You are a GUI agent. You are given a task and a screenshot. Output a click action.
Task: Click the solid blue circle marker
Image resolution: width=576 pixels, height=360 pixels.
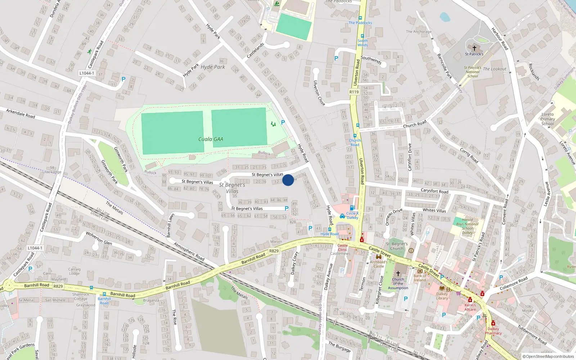pos(288,180)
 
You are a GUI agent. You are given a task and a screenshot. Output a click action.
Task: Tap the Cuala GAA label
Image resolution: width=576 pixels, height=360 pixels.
pos(211,139)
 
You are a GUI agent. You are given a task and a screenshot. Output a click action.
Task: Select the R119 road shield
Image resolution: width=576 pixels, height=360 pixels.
pos(354,92)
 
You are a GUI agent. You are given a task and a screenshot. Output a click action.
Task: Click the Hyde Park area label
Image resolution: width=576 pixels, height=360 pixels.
pos(212,67)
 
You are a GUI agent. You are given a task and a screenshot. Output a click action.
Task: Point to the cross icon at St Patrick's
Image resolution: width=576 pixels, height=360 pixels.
pos(474,48)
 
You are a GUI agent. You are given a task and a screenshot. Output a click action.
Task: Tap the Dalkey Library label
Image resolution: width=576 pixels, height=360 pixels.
pos(442,296)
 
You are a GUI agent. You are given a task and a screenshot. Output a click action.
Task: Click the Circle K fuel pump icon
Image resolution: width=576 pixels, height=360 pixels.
pos(352,208)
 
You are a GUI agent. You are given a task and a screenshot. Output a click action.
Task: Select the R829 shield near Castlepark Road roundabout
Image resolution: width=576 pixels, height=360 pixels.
pos(58,286)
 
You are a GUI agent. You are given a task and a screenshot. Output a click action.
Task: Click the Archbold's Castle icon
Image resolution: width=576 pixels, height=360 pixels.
pos(378,257)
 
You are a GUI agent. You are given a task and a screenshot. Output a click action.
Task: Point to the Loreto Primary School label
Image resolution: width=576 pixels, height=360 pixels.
pos(548,119)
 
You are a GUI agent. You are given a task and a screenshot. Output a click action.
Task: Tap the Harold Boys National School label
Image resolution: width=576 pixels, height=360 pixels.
pos(467,226)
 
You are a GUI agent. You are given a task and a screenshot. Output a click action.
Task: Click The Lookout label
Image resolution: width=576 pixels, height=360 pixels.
pos(494,69)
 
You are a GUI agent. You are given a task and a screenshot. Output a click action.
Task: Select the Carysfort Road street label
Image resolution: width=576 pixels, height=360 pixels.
pos(435,191)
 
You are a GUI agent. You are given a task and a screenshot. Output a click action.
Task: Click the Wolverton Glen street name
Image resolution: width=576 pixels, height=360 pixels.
pos(99,238)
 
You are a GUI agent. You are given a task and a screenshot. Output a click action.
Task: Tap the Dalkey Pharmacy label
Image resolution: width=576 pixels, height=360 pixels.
pos(493,331)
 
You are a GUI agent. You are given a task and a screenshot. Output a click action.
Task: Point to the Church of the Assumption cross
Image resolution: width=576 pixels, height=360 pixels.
pos(398,273)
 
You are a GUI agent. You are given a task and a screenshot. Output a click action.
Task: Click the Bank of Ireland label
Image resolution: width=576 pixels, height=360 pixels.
pos(420,278)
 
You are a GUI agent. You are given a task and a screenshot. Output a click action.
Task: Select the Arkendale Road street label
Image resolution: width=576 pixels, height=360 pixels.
pos(21,113)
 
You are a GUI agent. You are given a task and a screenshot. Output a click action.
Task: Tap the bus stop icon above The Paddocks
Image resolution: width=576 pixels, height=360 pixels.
pos(360,18)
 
